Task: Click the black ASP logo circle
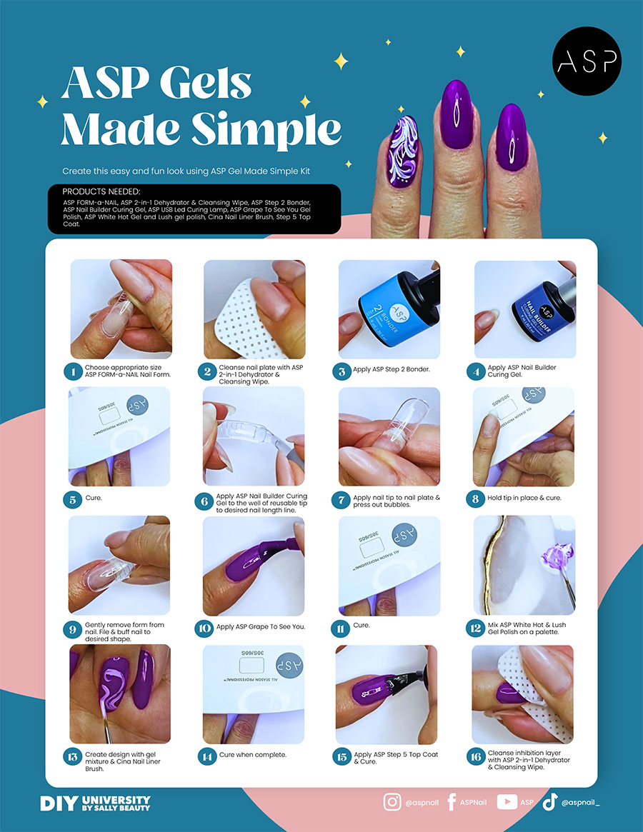tap(587, 61)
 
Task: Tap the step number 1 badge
tap(74, 371)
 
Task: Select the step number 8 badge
tap(475, 498)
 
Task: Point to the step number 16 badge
tap(476, 757)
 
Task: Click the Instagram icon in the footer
tap(392, 802)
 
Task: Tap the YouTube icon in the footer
tap(507, 802)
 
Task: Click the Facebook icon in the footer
tap(452, 802)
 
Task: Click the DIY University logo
tap(96, 803)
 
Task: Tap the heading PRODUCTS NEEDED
tap(101, 191)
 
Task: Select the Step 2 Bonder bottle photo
tap(389, 309)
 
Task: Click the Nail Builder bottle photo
tap(525, 309)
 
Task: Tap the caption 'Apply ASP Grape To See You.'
tap(261, 626)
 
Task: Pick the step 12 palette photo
tap(524, 566)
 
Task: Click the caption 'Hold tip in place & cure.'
tap(524, 498)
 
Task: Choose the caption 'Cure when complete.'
tap(253, 755)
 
